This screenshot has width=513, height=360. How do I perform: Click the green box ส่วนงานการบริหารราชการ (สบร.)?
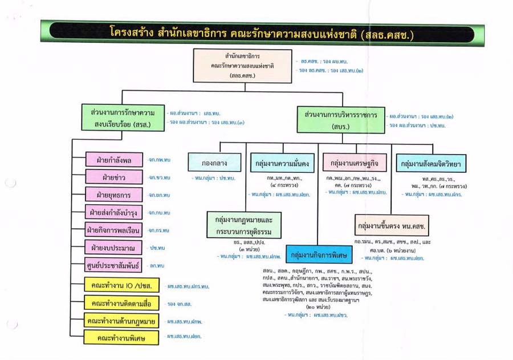tap(338, 119)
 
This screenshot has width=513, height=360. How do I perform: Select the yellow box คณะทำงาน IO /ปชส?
tap(121, 285)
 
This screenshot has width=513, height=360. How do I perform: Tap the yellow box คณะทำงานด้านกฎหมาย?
tap(121, 321)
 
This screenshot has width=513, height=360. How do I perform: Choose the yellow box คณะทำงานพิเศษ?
tap(121, 338)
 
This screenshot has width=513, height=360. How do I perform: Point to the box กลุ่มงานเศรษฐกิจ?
tap(354, 164)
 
